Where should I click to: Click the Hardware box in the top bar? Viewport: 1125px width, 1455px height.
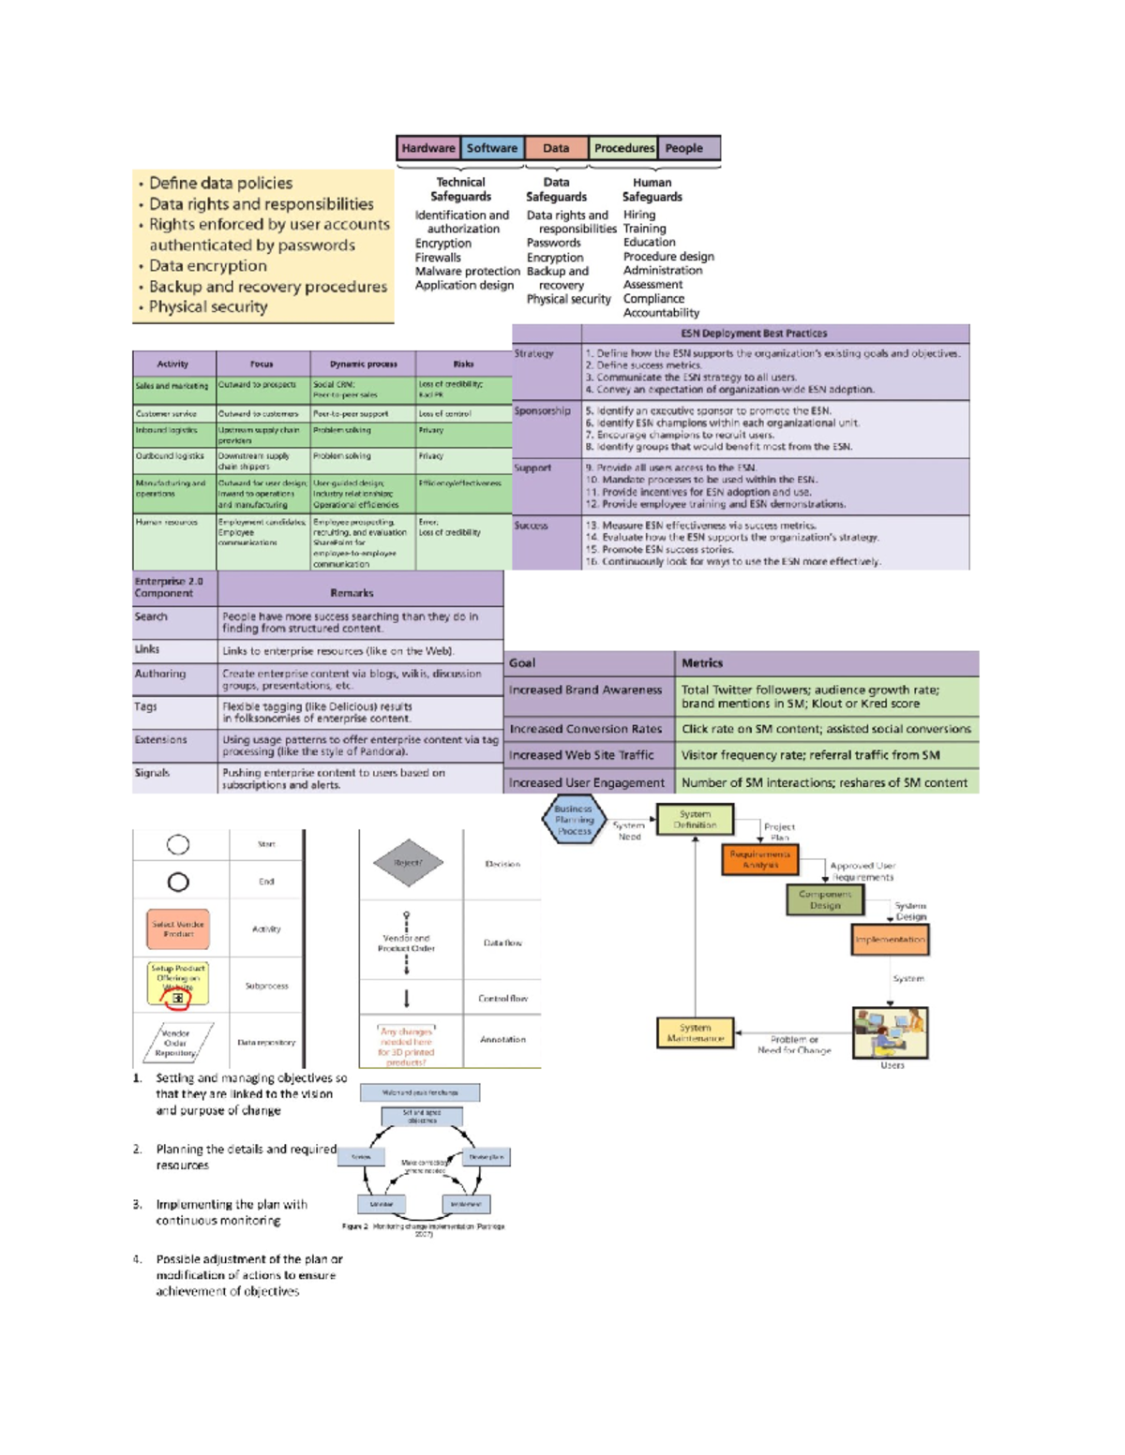pyautogui.click(x=427, y=148)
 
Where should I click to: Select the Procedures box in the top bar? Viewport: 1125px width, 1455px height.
pyautogui.click(x=623, y=148)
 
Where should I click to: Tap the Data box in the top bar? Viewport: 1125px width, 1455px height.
pyautogui.click(x=556, y=148)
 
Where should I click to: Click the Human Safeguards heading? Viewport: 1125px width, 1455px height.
pyautogui.click(x=652, y=190)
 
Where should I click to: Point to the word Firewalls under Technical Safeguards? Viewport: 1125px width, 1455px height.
pyautogui.click(x=438, y=258)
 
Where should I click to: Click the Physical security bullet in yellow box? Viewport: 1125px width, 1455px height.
pyautogui.click(x=208, y=307)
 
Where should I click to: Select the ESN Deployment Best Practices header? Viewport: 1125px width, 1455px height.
pyautogui.click(x=754, y=334)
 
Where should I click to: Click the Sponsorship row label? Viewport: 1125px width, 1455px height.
pyautogui.click(x=542, y=410)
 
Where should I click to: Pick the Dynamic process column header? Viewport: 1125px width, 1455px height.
pyautogui.click(x=363, y=364)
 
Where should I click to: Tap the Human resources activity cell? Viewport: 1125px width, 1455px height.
pyautogui.click(x=167, y=523)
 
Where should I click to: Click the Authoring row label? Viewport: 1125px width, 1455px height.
pyautogui.click(x=160, y=674)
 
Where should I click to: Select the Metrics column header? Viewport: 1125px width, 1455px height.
pyautogui.click(x=702, y=663)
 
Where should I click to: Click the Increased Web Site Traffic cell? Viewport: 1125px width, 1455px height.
pyautogui.click(x=581, y=755)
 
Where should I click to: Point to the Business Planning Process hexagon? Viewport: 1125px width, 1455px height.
pyautogui.click(x=573, y=820)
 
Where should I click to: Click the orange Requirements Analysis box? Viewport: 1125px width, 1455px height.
pyautogui.click(x=760, y=859)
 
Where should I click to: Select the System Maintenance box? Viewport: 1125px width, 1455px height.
pyautogui.click(x=695, y=1033)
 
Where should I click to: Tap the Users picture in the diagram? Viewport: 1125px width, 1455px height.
pyautogui.click(x=890, y=1032)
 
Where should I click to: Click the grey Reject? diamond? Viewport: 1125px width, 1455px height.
pyautogui.click(x=408, y=863)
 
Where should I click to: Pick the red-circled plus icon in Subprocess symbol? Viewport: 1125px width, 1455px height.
pyautogui.click(x=177, y=999)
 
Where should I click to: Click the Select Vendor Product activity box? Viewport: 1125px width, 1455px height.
pyautogui.click(x=178, y=928)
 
